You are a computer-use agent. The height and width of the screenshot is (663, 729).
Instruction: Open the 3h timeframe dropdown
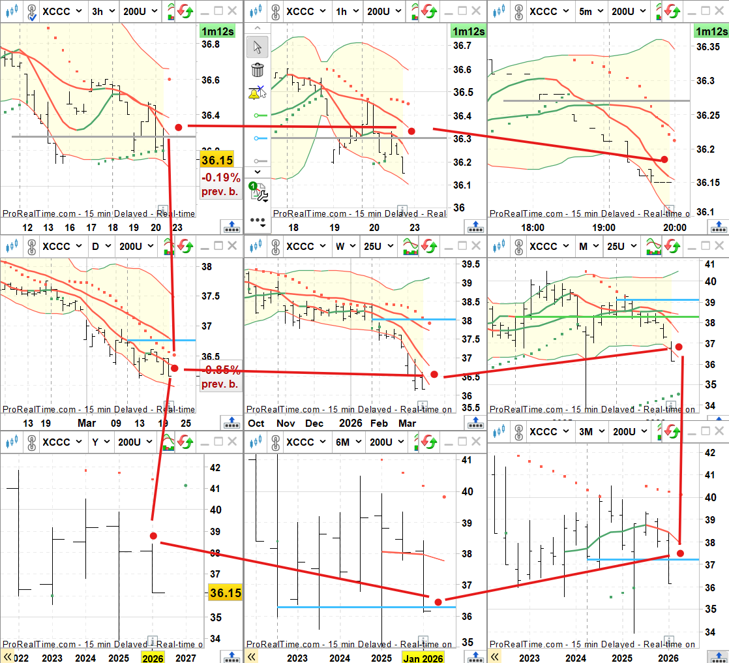(104, 11)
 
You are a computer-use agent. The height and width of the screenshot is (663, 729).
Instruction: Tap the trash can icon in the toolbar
(258, 70)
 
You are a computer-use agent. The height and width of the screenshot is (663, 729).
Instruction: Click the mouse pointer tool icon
(258, 47)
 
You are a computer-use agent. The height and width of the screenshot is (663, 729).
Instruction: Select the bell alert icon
(257, 93)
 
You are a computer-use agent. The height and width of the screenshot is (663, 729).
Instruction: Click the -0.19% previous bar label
(220, 185)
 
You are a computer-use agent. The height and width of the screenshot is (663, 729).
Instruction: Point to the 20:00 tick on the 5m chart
(674, 228)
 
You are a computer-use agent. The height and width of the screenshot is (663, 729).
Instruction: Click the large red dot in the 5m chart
(664, 159)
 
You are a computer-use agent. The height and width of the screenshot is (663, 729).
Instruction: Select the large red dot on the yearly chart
(153, 536)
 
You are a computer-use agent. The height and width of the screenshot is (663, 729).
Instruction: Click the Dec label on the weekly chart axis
(314, 423)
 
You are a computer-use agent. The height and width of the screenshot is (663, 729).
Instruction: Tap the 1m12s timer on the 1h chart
(468, 31)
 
